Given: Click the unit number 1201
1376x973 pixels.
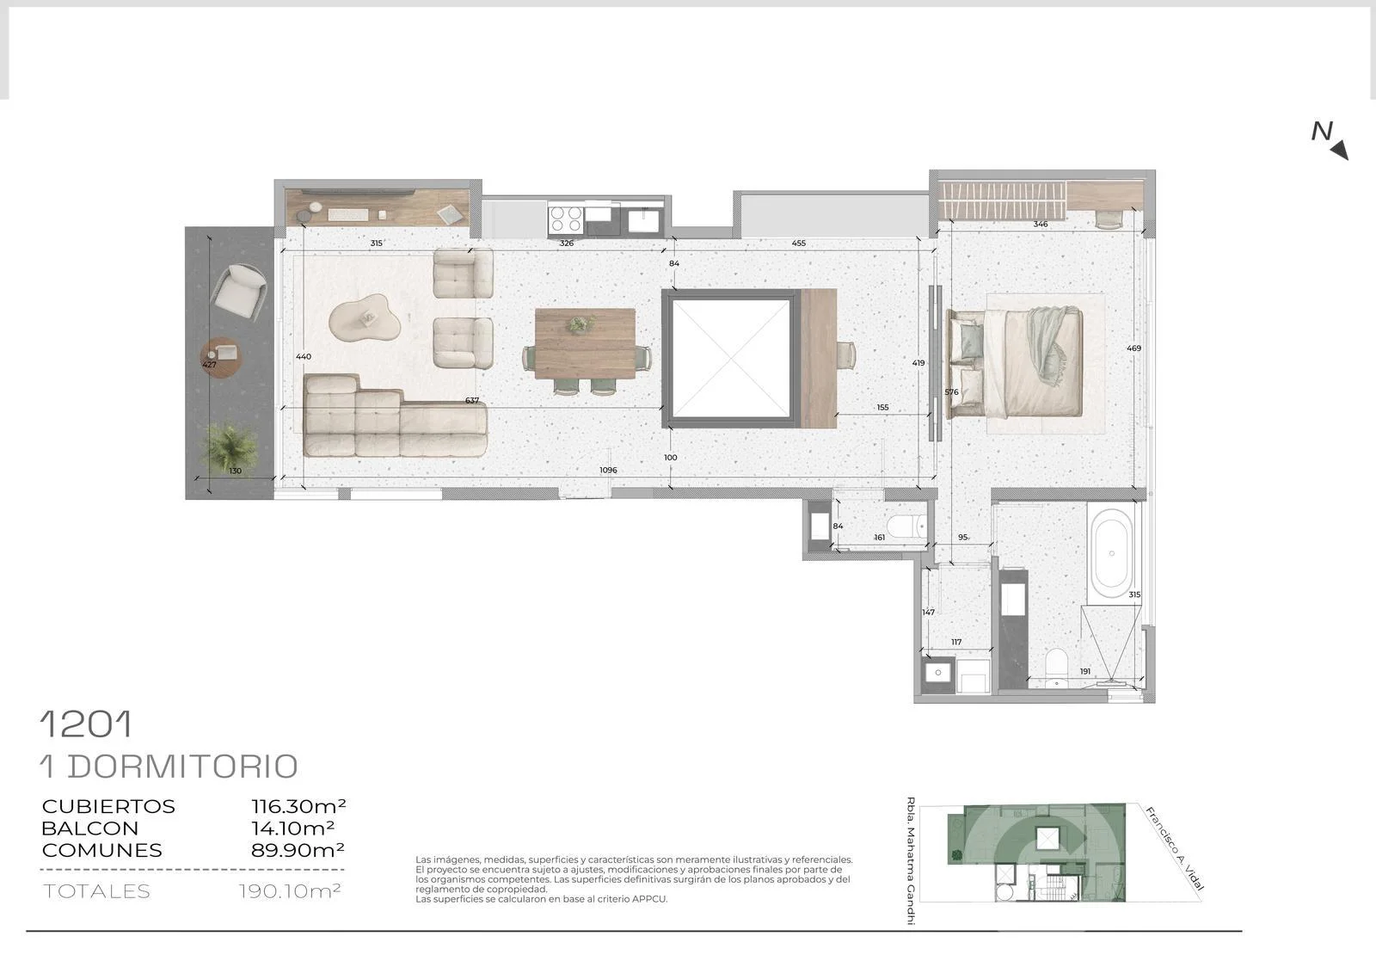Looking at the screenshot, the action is point(86,724).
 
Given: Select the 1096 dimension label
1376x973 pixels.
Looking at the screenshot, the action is point(608,471).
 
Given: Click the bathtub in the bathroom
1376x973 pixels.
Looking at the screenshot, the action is point(1111,553).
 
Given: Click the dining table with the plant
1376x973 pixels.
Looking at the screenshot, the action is point(585,343).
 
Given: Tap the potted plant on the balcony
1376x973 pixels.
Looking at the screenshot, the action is point(230,446).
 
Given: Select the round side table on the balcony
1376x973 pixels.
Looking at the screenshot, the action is point(220,358).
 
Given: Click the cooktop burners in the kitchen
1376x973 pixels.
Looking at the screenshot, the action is point(566,219).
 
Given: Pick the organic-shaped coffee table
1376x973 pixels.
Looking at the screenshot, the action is point(365,317).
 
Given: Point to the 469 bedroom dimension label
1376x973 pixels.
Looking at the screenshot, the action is point(1133,348).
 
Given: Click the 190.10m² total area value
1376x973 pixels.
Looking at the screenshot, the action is point(290,890).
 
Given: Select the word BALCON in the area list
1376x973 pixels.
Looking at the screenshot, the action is point(89,828).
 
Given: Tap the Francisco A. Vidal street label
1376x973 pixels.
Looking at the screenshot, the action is point(1175,848).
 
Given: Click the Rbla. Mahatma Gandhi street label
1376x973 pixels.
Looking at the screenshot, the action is point(911,860).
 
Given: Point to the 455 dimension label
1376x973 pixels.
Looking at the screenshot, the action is point(798,243).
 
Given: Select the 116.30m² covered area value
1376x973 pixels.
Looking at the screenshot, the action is point(298,806).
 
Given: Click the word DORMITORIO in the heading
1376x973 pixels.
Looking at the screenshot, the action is point(182,767).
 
